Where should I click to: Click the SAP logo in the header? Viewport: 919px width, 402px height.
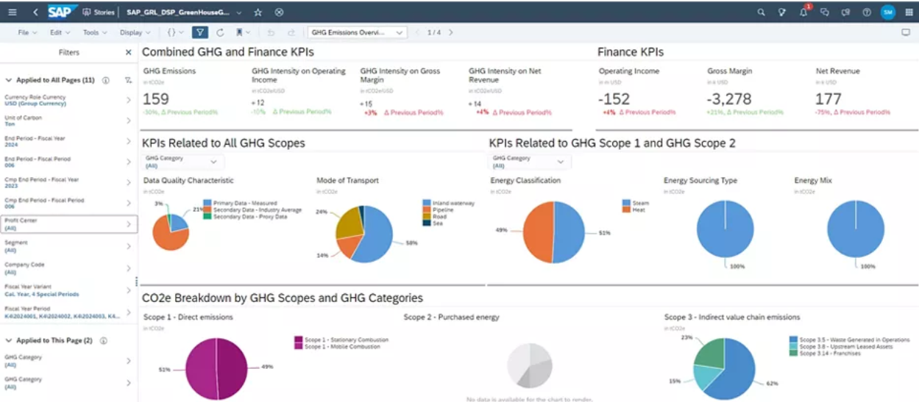63,12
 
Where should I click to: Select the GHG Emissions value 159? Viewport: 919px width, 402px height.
156,99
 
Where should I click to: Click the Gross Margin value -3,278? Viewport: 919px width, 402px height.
729,99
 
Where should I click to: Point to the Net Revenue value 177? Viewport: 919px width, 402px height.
828,99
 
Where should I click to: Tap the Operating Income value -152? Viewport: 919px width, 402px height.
614,99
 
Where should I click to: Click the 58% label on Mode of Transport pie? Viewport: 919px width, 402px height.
411,243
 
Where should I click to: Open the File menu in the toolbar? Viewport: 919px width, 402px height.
27,32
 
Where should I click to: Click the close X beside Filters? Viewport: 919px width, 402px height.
129,53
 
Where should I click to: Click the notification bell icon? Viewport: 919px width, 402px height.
803,12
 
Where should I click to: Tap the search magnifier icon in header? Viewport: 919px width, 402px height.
762,12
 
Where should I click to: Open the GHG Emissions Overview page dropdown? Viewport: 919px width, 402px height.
358,32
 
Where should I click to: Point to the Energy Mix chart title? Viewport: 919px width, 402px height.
813,180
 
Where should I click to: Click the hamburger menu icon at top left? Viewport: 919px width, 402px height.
13,12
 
